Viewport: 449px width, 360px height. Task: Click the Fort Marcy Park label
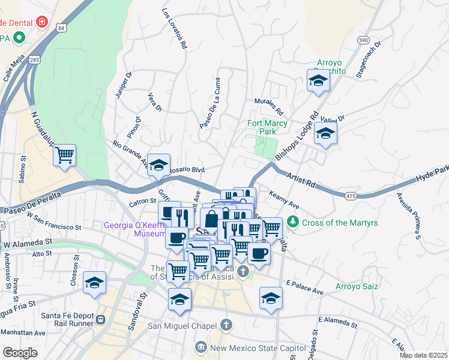[x=267, y=127]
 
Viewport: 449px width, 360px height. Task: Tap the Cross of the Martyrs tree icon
[x=292, y=222]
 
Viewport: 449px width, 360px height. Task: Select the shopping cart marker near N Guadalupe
[x=65, y=155]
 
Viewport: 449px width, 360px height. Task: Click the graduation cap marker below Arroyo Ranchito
[x=318, y=82]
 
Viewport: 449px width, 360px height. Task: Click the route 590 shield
[x=363, y=40]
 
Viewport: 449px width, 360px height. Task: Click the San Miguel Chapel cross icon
[x=226, y=325]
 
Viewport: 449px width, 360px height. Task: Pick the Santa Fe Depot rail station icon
[x=101, y=319]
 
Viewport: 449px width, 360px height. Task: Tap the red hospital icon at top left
[x=41, y=23]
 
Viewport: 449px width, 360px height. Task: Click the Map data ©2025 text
[x=423, y=355]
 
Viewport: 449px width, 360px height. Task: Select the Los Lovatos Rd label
[x=175, y=28]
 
